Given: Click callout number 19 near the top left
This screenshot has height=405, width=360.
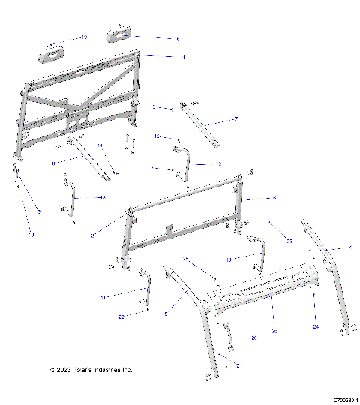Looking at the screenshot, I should [84, 37].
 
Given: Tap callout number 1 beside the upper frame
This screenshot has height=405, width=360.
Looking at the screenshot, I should [185, 57].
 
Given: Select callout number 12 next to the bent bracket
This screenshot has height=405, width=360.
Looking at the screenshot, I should [217, 163].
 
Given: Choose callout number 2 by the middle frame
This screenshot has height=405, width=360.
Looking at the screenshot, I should [92, 235].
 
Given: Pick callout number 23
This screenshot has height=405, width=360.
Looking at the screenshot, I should [289, 240].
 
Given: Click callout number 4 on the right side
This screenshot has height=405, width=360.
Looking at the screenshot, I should [349, 247].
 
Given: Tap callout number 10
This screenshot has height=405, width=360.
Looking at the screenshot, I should [228, 258].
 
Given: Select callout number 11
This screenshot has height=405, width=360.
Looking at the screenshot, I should [124, 298].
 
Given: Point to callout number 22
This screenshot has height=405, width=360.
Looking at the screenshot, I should [121, 317].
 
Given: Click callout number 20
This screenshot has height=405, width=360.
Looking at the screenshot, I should [253, 338].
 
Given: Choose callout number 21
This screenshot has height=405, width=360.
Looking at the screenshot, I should [239, 364].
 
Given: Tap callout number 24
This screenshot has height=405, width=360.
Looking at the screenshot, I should [316, 326].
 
